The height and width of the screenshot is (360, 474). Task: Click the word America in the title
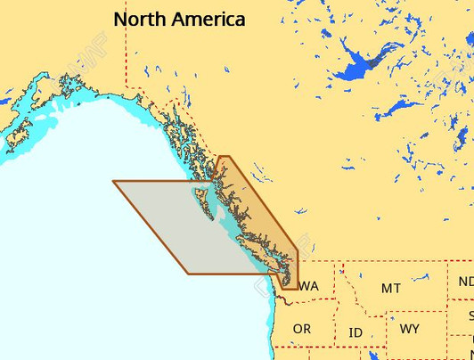click(x=209, y=19)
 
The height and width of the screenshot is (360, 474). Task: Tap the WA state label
click(x=309, y=286)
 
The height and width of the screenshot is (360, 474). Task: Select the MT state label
click(x=390, y=288)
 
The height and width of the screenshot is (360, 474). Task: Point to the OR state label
click(x=302, y=329)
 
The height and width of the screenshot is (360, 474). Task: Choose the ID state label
click(x=355, y=332)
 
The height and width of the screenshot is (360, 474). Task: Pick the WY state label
click(x=409, y=329)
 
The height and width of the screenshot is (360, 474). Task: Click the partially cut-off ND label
click(x=466, y=282)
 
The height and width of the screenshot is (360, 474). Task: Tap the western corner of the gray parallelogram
click(x=113, y=182)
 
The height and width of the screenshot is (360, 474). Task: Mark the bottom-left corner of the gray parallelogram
click(x=189, y=274)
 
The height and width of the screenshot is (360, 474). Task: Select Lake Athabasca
click(x=402, y=108)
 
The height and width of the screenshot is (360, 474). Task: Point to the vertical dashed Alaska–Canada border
click(x=127, y=53)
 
